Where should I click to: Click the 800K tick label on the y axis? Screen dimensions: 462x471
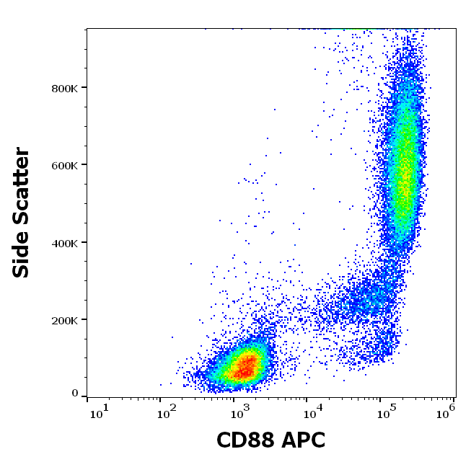(65, 88)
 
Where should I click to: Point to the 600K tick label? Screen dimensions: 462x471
(65, 165)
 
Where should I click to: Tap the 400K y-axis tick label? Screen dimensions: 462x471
(65, 243)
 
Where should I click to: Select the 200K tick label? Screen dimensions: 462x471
(65, 320)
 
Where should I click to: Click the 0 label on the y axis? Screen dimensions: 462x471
(75, 394)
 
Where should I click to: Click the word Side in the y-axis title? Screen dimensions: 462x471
(22, 253)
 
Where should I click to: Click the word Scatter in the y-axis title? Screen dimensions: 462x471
(22, 185)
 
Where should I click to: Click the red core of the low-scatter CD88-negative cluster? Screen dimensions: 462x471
(247, 368)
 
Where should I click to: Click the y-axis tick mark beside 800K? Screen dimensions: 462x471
(84, 88)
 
